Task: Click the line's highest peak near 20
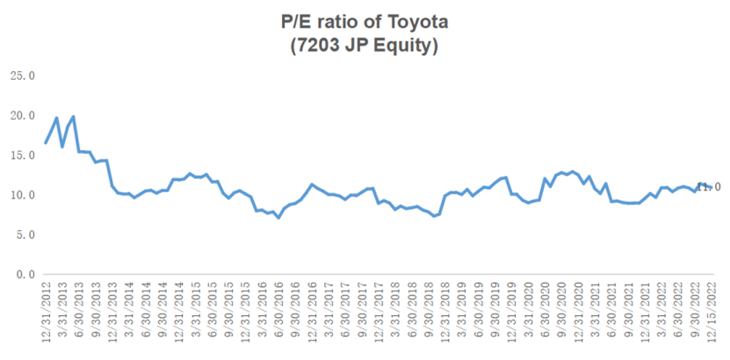(x=73, y=117)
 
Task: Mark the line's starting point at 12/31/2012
(x=46, y=142)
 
